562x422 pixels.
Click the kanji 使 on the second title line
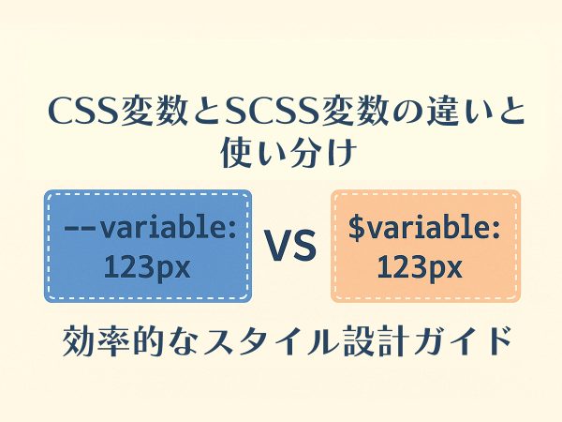tap(237, 153)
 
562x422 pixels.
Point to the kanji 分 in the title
tap(305, 153)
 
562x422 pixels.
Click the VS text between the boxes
tap(290, 246)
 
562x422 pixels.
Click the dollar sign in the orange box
tap(357, 228)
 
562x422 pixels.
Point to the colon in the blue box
tap(231, 230)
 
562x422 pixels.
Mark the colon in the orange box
tap(495, 230)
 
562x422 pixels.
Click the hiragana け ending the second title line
tap(341, 153)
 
